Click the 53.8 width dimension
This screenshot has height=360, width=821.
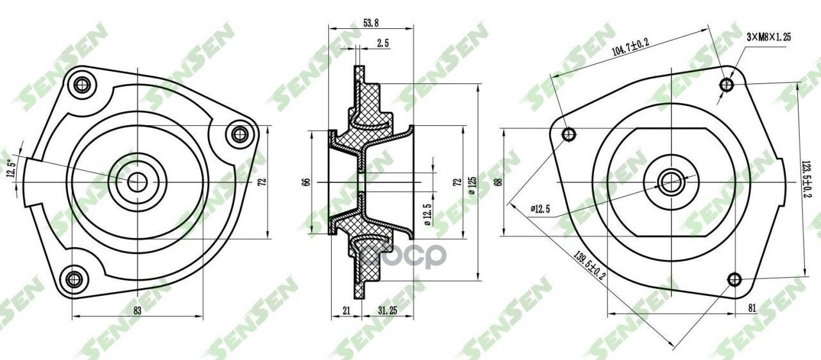(x=371, y=22)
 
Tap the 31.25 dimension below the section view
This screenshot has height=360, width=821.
(x=387, y=310)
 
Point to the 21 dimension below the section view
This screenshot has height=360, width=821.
(x=346, y=310)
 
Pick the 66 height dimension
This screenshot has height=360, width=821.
(x=305, y=182)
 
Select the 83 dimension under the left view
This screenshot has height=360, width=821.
(x=137, y=310)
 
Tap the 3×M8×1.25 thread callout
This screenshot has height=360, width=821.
(x=768, y=37)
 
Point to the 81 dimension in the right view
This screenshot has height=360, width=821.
(x=752, y=308)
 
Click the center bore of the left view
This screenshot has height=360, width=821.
(x=136, y=182)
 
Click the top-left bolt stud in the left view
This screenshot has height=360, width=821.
(x=81, y=84)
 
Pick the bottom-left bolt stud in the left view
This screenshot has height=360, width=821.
(x=74, y=279)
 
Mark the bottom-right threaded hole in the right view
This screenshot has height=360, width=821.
(x=735, y=279)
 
